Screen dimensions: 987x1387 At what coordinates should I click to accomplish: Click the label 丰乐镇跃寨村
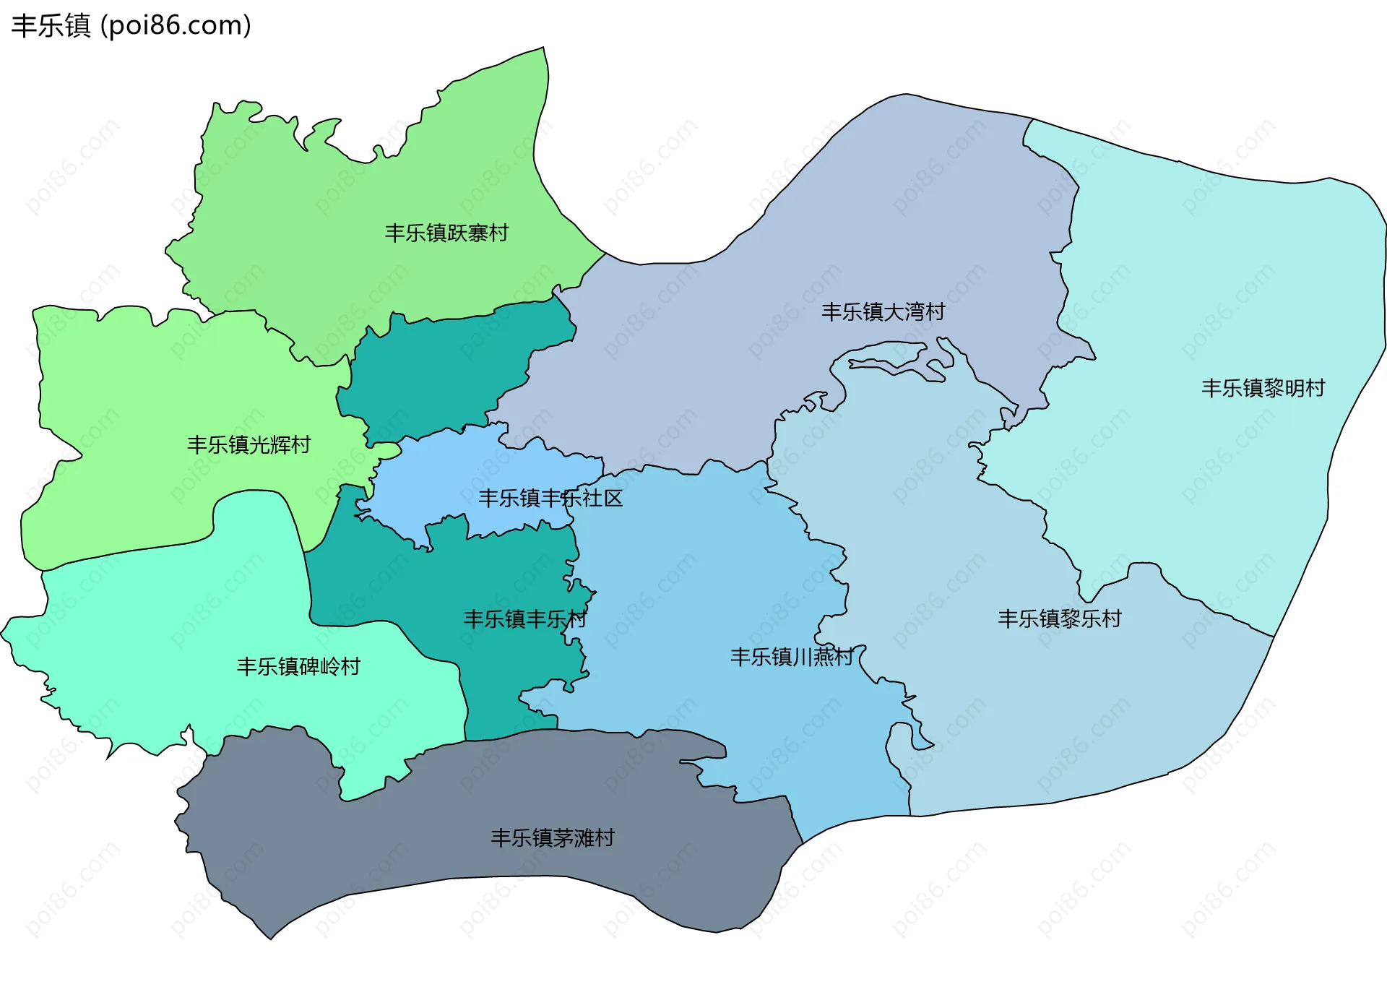pyautogui.click(x=446, y=233)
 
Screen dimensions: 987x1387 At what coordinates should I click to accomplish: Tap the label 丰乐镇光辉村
pyautogui.click(x=249, y=444)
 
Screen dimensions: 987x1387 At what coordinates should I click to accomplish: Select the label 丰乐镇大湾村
pyautogui.click(x=883, y=311)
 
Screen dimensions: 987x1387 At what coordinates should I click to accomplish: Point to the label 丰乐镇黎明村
pyautogui.click(x=1263, y=388)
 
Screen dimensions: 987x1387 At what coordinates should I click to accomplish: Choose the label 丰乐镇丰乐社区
pyautogui.click(x=550, y=498)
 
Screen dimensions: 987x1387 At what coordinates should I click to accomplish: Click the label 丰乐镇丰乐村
pyautogui.click(x=524, y=619)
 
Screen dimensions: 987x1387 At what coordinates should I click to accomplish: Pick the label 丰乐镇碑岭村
pyautogui.click(x=298, y=666)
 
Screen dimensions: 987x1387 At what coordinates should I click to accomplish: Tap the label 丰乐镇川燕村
pyautogui.click(x=792, y=657)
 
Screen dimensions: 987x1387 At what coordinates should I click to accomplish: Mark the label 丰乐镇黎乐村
pyautogui.click(x=1059, y=619)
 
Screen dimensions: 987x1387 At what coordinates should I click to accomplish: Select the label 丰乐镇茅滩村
pyautogui.click(x=553, y=837)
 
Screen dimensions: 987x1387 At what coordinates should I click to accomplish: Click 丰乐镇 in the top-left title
pyautogui.click(x=51, y=26)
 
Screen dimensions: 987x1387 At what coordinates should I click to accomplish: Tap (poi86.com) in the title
pyautogui.click(x=176, y=26)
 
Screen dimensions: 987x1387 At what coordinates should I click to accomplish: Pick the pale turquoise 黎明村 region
pyautogui.click(x=1228, y=289)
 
